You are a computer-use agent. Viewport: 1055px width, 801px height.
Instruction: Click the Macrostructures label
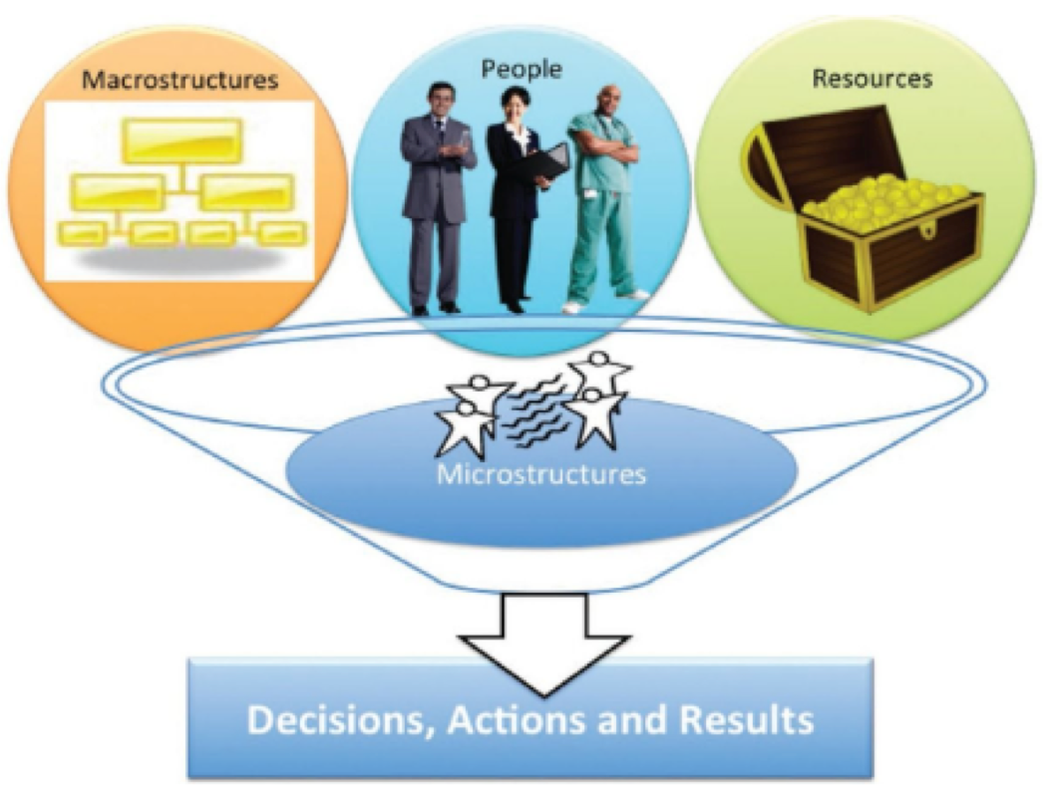[x=179, y=80]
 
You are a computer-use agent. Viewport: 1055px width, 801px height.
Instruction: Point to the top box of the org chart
[x=182, y=139]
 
